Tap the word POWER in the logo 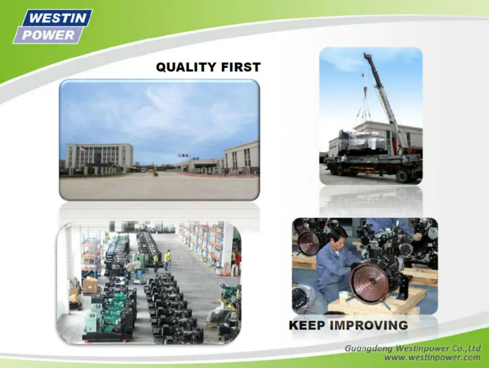pyautogui.click(x=48, y=35)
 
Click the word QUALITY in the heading pyautogui.click(x=186, y=67)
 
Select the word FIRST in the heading pyautogui.click(x=241, y=67)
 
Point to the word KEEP pyautogui.click(x=307, y=325)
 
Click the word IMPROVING pyautogui.click(x=369, y=325)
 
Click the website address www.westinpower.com pyautogui.click(x=432, y=357)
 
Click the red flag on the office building pyautogui.click(x=83, y=147)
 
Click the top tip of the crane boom pyautogui.click(x=366, y=54)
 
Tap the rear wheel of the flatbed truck pyautogui.click(x=403, y=176)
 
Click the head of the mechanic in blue pyautogui.click(x=339, y=235)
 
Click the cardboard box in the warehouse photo pyautogui.click(x=90, y=285)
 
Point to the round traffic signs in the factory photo pyautogui.click(x=185, y=156)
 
